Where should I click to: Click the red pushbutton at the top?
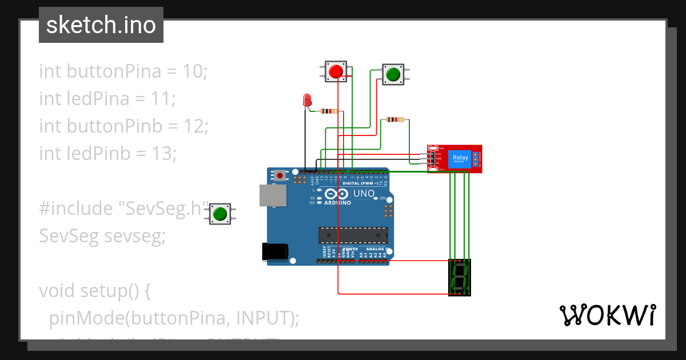[336, 71]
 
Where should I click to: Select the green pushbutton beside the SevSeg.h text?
[220, 214]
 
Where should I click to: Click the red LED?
[307, 101]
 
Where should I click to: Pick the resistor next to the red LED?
[329, 111]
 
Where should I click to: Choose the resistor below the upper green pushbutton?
[394, 119]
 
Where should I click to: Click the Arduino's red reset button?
[280, 175]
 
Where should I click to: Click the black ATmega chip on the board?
[353, 235]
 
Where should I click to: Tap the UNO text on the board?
[364, 194]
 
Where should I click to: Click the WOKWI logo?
[607, 315]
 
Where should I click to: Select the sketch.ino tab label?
[101, 25]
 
